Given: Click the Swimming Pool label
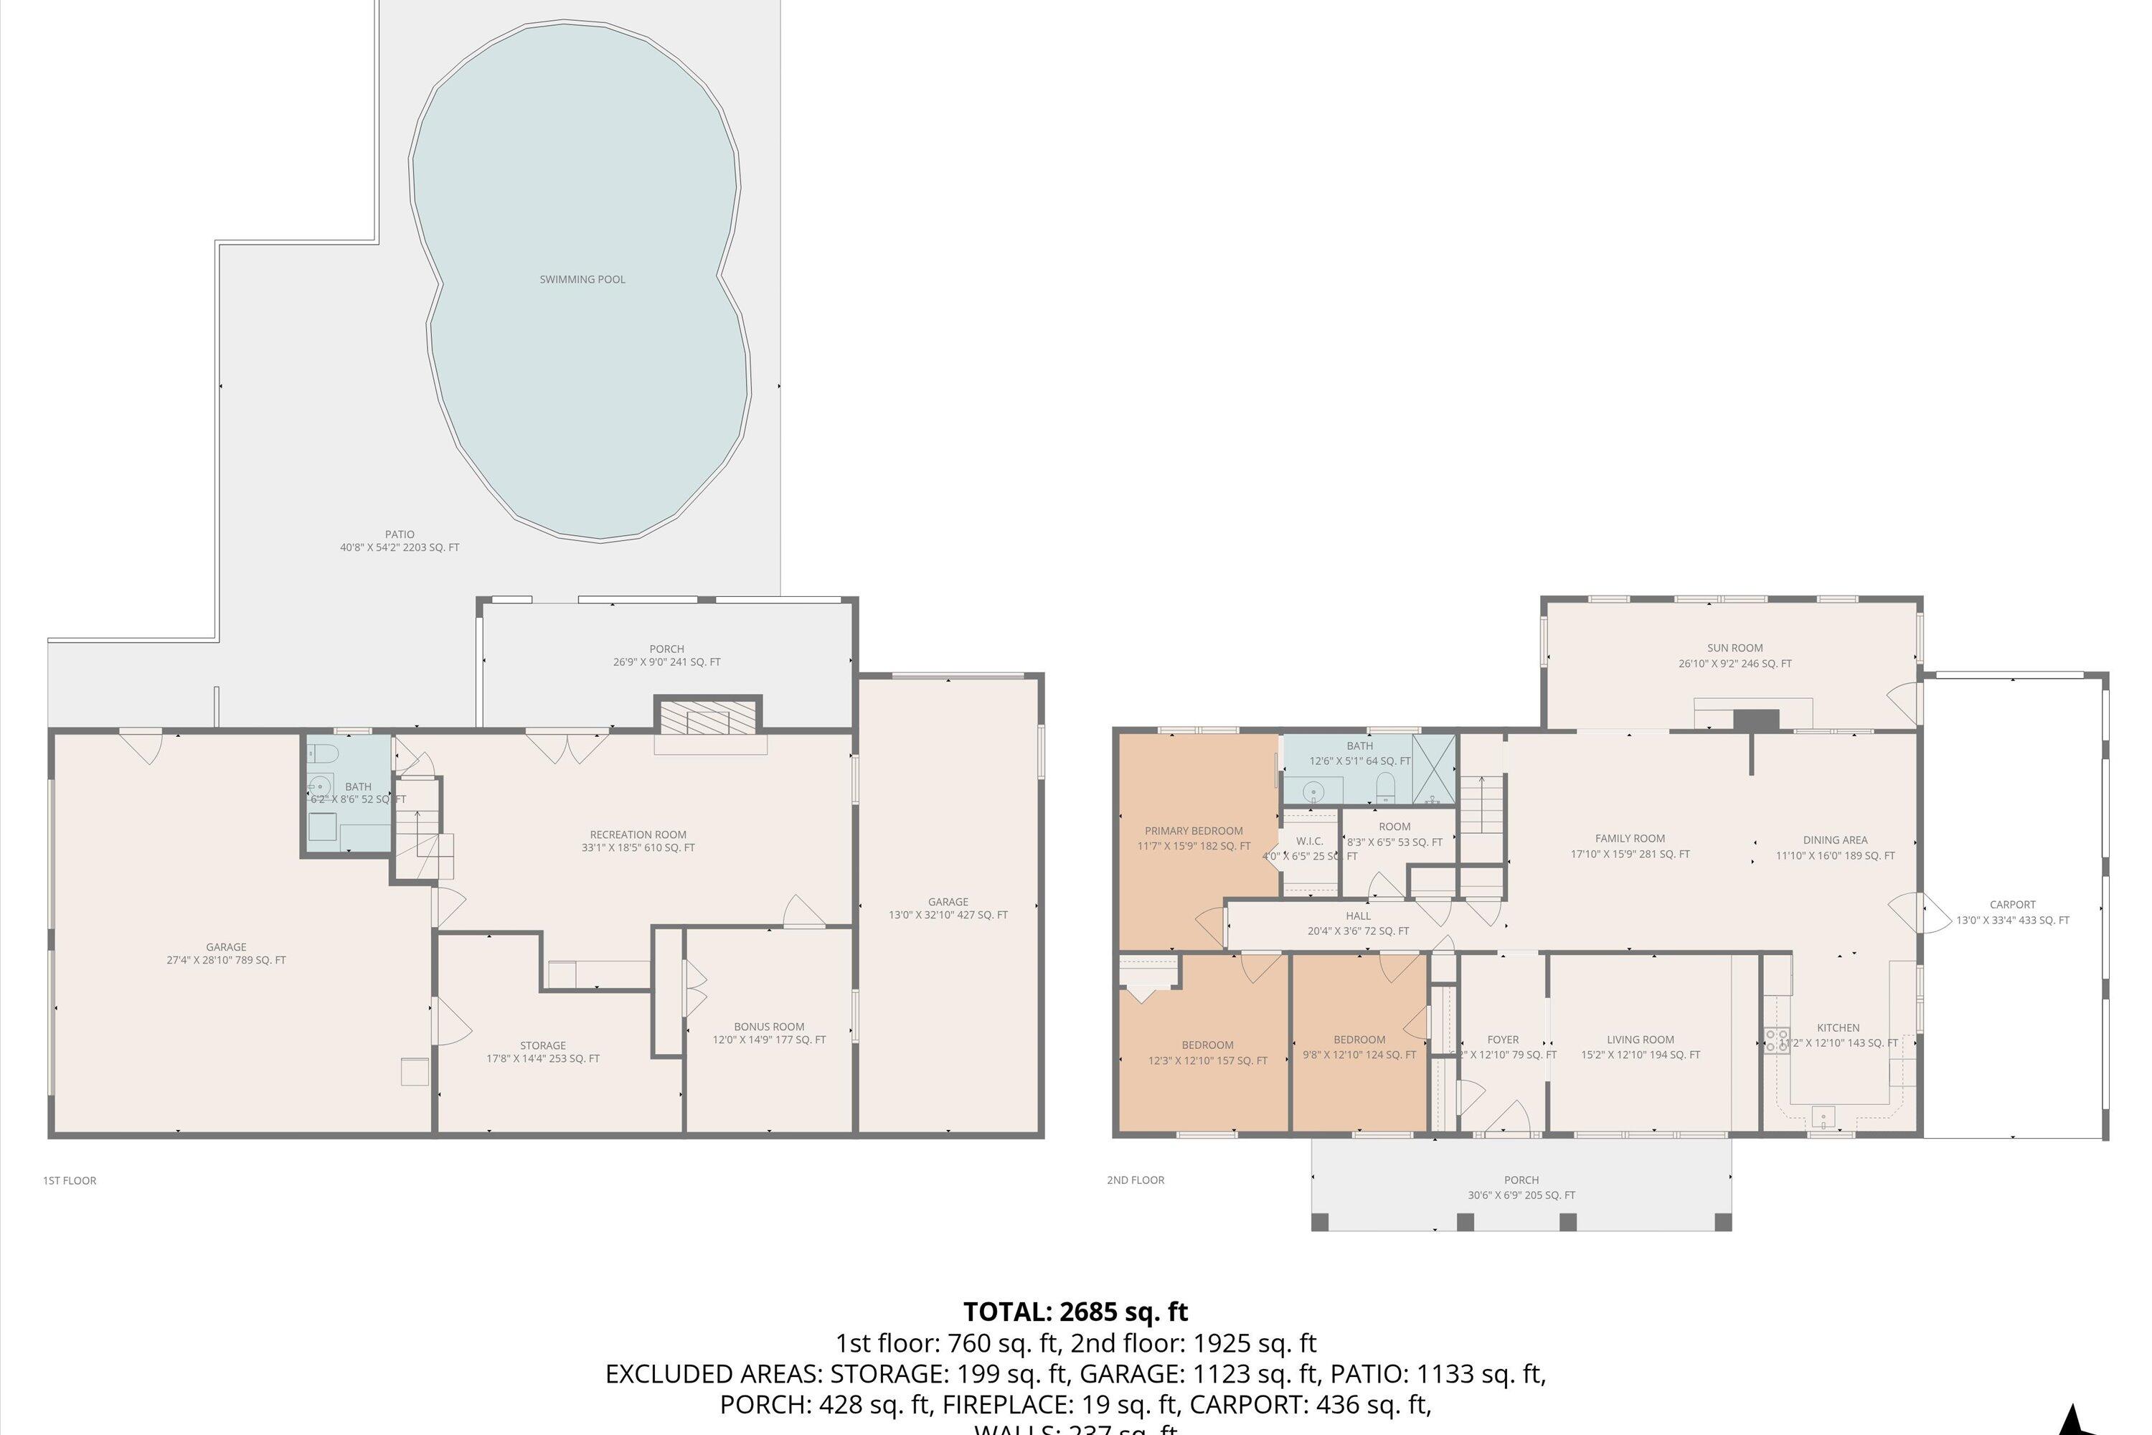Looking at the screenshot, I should point(582,279).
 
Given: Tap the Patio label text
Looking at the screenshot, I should point(399,540).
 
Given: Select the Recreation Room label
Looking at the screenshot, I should point(638,840).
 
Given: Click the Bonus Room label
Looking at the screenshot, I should point(768,1032).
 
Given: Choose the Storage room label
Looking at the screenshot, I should point(542,1050).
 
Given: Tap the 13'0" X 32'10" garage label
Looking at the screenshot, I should point(948,908).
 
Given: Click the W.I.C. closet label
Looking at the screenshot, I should point(1309,841).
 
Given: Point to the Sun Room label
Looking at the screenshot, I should point(1734,654).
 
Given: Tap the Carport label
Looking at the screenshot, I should point(2012,911).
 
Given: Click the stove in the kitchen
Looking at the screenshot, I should point(1776,1040).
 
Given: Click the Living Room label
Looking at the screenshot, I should point(1640,1046).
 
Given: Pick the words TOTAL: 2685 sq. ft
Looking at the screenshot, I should point(1075,1312).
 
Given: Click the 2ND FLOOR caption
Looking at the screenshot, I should point(1135,1180).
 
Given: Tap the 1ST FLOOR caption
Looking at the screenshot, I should point(70,1180).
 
